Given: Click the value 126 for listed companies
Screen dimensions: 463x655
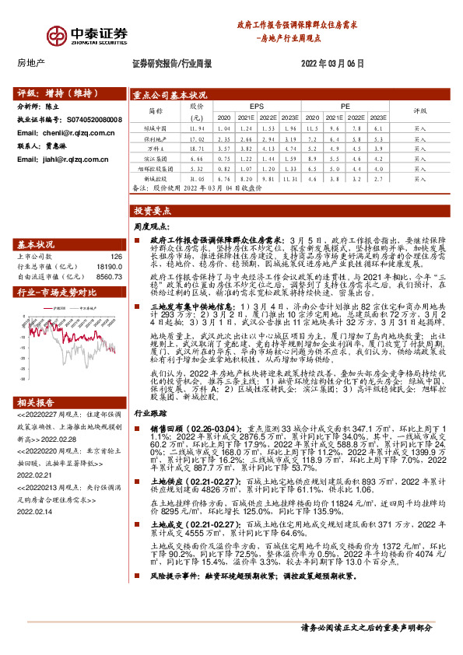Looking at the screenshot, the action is coord(117,256).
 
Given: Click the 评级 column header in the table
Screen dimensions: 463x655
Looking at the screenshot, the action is coord(420,110).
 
